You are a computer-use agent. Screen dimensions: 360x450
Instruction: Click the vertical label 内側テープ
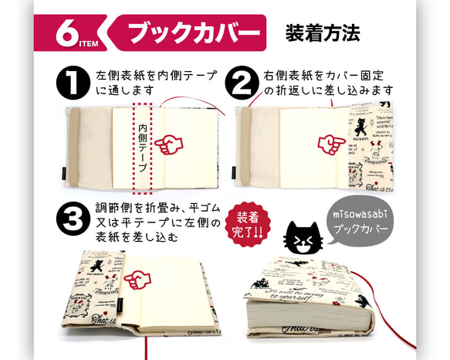point(143,147)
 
